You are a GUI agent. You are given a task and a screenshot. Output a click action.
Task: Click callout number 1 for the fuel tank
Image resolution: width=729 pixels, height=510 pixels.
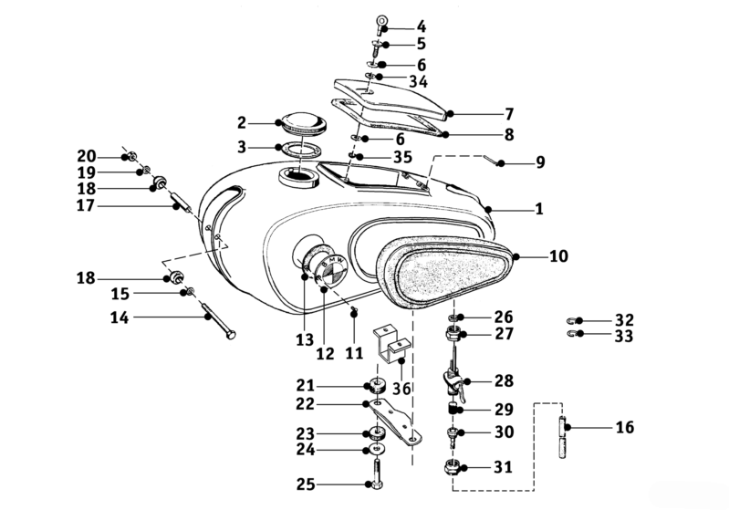pos(539,209)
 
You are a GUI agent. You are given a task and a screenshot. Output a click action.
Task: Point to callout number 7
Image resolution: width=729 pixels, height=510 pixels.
pos(509,114)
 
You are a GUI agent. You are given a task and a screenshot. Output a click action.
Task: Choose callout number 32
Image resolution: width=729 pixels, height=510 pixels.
pos(624,319)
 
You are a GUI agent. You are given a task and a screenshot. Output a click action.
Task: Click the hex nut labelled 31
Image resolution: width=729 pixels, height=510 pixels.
pos(453,467)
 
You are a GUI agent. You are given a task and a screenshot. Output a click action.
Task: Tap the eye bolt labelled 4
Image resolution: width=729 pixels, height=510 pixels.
pos(380,24)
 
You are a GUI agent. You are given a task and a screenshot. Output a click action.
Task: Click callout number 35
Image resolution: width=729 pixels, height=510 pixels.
pos(383,157)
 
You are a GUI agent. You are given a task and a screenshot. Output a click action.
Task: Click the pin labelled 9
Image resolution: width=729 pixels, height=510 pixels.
pos(495,161)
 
